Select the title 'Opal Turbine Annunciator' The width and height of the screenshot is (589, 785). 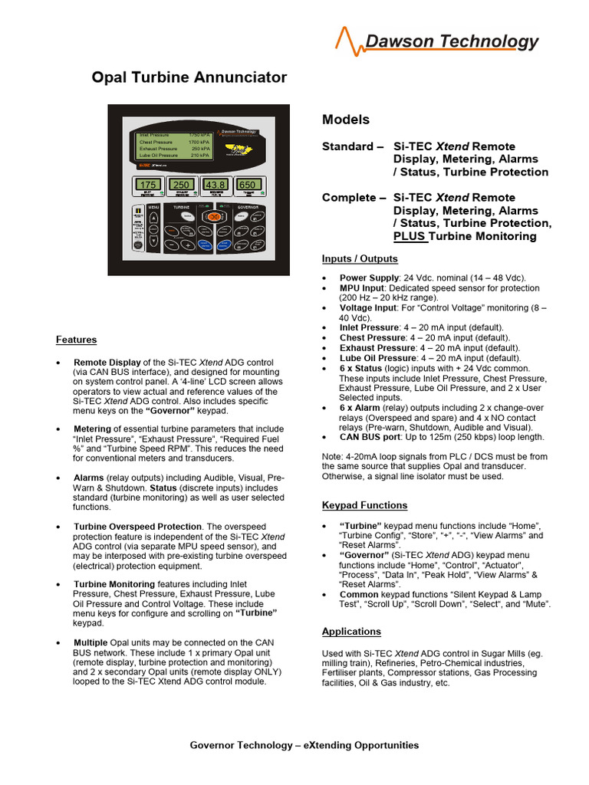[189, 77]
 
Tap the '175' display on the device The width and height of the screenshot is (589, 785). [148, 185]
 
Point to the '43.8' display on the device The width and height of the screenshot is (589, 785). [215, 185]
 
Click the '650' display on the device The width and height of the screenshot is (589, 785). [248, 185]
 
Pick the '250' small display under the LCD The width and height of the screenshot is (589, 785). [182, 185]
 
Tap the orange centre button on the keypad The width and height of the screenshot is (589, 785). [215, 218]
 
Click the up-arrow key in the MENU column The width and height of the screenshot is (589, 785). [153, 218]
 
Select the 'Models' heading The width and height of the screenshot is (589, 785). [345, 120]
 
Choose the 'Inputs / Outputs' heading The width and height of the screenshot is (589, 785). [360, 258]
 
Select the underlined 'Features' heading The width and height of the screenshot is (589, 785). [76, 340]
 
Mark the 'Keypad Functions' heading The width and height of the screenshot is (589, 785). [364, 505]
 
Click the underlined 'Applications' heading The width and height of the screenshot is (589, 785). [351, 632]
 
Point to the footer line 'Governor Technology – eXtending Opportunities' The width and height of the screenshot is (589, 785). [304, 744]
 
